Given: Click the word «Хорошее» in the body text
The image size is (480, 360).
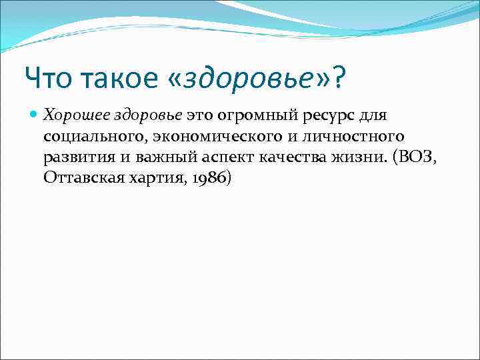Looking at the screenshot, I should [x=71, y=115].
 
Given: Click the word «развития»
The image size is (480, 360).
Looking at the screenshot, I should [x=74, y=158].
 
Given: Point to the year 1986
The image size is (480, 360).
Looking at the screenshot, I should [x=211, y=179].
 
